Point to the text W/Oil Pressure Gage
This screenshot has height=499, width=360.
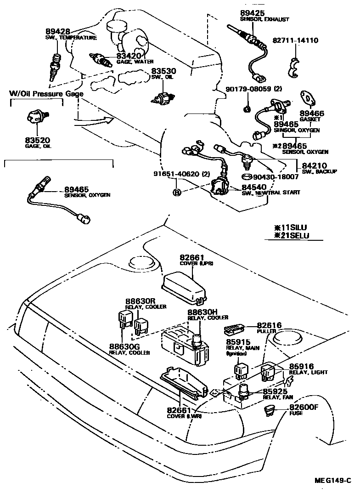click(46, 94)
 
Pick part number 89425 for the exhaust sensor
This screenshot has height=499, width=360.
click(252, 13)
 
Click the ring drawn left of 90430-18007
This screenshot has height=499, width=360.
click(247, 177)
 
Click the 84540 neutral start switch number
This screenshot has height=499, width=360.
click(252, 187)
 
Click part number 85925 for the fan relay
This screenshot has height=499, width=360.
click(276, 391)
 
